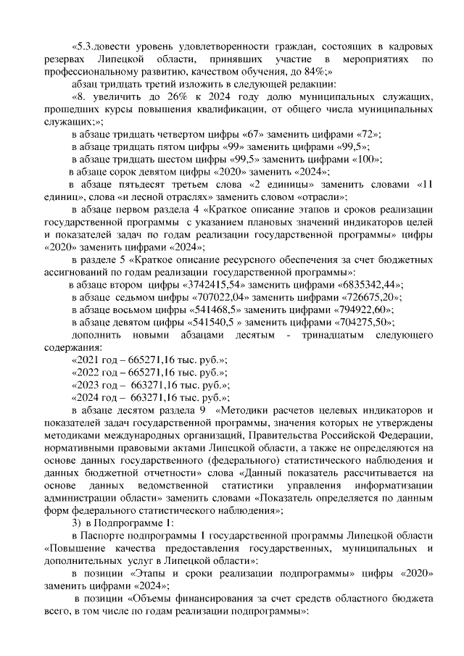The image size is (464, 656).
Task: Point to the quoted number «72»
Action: click(364, 135)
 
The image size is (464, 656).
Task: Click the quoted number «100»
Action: click(368, 159)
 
